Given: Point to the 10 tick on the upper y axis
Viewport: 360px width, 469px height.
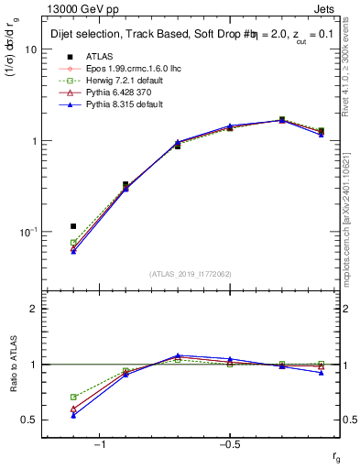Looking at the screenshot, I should point(31,50).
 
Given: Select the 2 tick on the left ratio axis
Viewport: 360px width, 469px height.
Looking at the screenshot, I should point(34,309).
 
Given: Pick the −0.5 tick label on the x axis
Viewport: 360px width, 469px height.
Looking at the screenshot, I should point(229,444).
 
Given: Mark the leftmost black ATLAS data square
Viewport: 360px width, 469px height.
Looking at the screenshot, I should point(73,225).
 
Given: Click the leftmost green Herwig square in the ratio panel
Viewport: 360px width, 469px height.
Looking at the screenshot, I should point(73,397).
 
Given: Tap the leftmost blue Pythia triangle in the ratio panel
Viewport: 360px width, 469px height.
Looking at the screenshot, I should point(73,415).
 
